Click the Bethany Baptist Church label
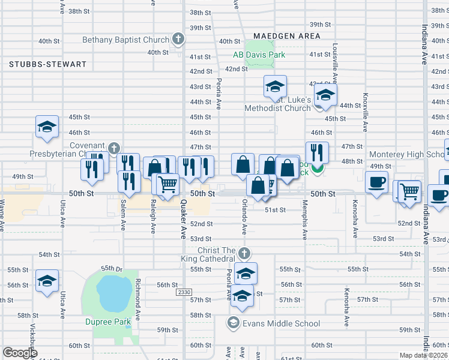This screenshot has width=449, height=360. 125,40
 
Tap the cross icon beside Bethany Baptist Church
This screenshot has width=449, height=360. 178,40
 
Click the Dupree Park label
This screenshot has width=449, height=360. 107,322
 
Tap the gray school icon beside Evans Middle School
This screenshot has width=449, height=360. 232,323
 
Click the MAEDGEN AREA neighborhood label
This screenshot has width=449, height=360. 286,36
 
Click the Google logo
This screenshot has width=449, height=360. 20,353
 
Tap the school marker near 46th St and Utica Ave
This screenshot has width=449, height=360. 47,127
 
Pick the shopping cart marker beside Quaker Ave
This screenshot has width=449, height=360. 168,184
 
